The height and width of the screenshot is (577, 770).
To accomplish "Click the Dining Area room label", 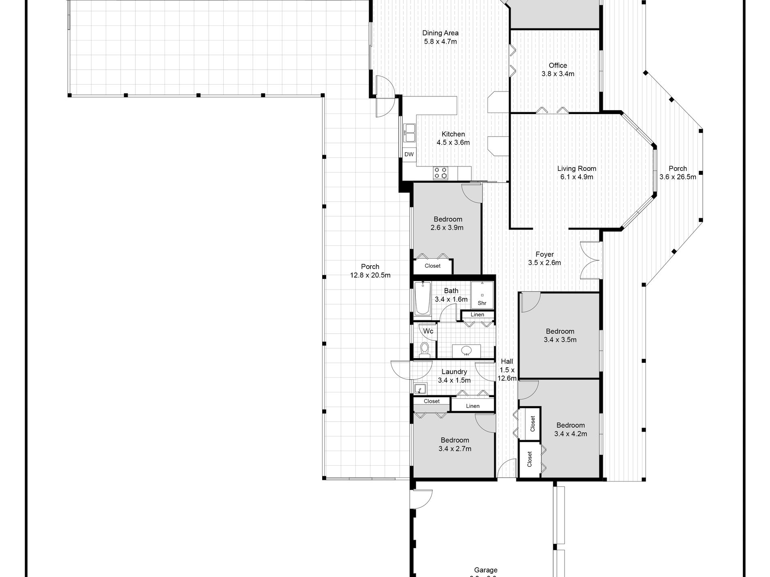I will click(440, 33).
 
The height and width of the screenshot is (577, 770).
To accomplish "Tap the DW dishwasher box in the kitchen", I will click(409, 154).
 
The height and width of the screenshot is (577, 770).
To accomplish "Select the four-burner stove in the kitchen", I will click(441, 173).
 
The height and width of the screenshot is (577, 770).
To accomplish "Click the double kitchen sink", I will click(409, 133).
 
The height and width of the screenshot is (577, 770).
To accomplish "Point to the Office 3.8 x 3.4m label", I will click(558, 70).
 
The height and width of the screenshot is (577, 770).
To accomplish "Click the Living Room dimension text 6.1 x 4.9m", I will click(577, 177).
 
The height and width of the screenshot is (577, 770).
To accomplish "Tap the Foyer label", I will click(544, 254).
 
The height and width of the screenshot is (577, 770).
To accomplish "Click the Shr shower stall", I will click(482, 295).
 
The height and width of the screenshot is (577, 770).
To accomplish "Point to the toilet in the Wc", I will click(425, 349).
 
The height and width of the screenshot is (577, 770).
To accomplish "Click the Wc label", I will click(428, 331).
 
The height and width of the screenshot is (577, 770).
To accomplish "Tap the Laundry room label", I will click(454, 372).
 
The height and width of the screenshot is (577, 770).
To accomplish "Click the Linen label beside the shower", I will click(477, 315).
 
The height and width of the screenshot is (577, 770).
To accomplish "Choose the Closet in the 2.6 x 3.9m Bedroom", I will click(432, 266).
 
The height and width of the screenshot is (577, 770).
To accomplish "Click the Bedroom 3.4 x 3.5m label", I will click(560, 335).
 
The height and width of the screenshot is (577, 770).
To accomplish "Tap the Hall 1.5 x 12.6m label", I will click(507, 370).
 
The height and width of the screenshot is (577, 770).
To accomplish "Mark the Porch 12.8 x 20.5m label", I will click(370, 271).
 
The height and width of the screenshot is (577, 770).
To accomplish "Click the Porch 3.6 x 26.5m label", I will click(678, 172).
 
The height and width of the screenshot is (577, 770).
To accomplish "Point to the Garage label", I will click(486, 570).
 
